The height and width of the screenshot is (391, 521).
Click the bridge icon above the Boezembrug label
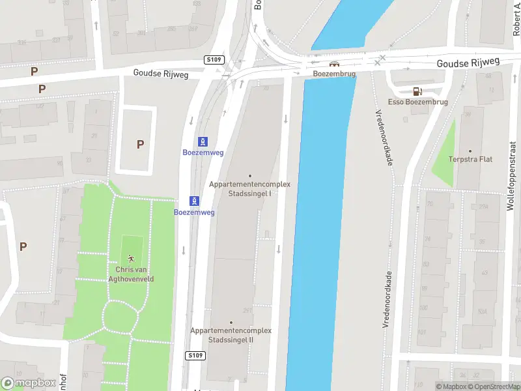point(334,65)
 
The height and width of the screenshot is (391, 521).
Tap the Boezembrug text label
point(334,74)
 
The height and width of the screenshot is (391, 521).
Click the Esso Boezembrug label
point(417,102)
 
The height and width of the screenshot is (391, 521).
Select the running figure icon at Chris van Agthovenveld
point(133,259)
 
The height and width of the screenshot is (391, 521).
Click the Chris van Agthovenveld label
point(134,274)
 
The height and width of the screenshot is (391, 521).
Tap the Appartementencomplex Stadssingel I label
point(249,189)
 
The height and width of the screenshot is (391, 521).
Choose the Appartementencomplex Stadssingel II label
point(231,335)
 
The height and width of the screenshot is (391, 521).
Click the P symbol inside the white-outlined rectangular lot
point(140,145)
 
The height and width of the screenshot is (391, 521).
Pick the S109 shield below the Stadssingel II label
point(195,355)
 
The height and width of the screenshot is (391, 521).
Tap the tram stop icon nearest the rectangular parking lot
point(203,141)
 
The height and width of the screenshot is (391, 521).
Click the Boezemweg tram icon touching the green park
point(194,201)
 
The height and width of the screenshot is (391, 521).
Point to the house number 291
point(247,310)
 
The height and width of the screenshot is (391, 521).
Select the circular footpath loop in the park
point(121,317)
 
